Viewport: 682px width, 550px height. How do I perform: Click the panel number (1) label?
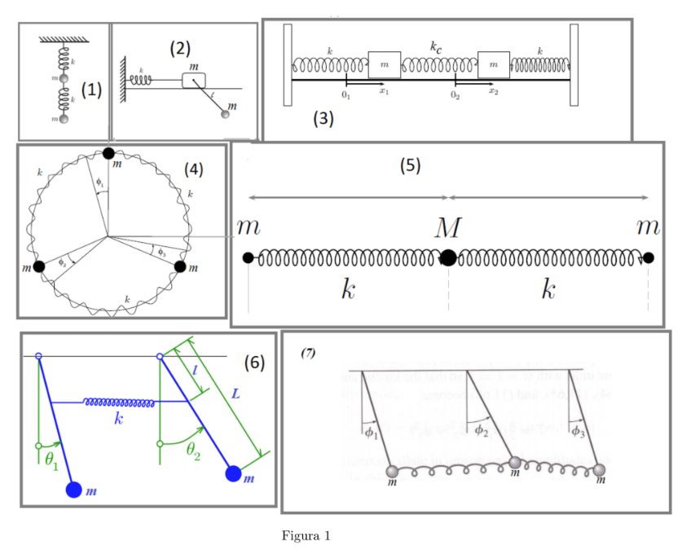91,90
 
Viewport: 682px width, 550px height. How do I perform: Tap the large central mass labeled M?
448,258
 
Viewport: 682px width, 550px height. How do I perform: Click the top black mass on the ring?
108,153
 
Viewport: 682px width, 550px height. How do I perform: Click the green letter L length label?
236,394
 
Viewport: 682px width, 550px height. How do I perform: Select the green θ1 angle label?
51,461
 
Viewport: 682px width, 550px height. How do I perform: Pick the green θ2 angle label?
193,451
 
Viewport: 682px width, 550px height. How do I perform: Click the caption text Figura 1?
306,536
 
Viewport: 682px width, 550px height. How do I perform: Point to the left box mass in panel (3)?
384,64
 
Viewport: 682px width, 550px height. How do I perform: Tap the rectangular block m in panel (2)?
193,79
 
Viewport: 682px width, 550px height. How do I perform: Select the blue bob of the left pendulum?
74,490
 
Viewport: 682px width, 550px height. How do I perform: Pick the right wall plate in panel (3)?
574,65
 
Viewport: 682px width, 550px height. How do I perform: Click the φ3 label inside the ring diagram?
161,251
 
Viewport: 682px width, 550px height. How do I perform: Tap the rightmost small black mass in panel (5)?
649,258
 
